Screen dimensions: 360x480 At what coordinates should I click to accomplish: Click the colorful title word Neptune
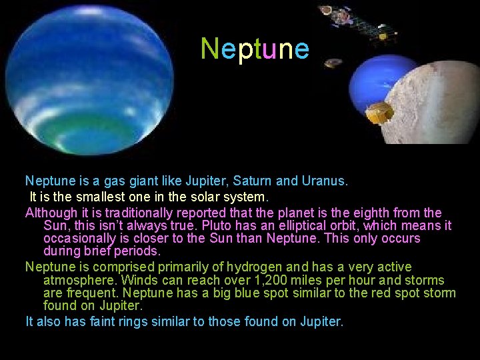[255, 49]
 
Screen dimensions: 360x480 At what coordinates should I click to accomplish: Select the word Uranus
[323, 181]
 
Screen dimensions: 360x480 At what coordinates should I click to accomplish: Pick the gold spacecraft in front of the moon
[379, 113]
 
